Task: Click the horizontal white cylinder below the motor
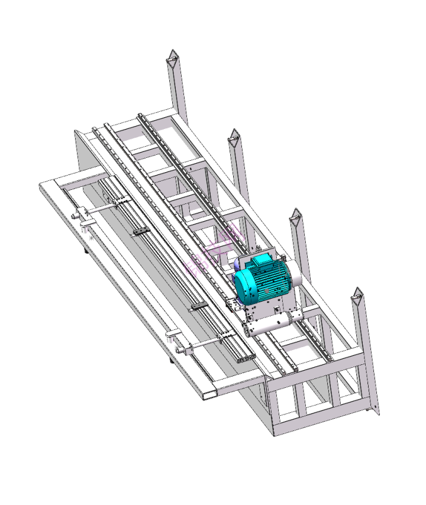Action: (269, 323)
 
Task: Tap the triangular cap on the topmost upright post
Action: (172, 57)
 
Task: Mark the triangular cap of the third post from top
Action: (296, 217)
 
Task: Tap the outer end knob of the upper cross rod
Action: (74, 216)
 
